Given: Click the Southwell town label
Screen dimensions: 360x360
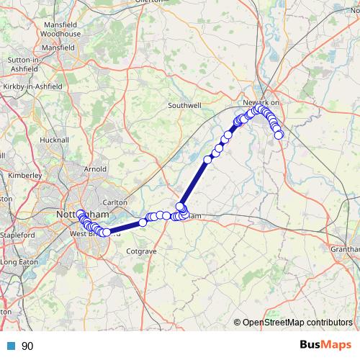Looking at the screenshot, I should coord(184,105).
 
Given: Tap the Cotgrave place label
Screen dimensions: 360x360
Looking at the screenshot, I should coord(140,251).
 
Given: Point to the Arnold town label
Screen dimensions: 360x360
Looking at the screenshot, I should coord(95,169).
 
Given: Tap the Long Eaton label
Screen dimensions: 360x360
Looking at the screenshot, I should coord(18,262).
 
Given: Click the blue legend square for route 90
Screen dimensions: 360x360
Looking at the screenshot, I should coord(8,346).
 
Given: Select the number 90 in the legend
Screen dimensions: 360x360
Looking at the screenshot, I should coord(27,346).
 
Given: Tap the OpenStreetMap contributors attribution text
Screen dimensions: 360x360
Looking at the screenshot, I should coord(297,323).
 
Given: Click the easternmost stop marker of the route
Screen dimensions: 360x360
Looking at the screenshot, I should coord(279,135).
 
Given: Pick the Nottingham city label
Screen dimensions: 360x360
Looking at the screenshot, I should coord(83,215).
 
